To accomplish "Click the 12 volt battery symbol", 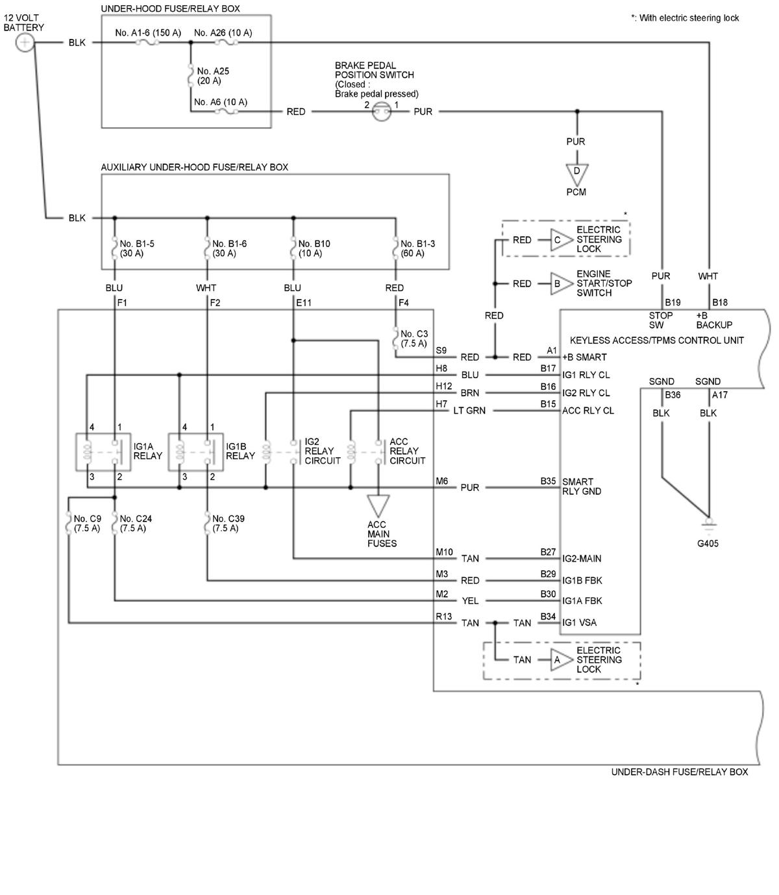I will click(24, 43).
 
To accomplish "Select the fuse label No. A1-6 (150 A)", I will click(148, 32).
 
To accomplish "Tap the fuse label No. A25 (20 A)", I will click(213, 76).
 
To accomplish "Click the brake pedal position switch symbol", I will click(382, 112).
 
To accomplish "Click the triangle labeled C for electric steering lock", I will click(558, 240).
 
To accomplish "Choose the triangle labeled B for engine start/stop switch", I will click(558, 283).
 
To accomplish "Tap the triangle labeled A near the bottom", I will click(558, 660).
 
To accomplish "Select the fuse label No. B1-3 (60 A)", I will click(417, 248).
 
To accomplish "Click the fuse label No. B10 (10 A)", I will click(314, 248).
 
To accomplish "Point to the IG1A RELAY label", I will click(147, 451).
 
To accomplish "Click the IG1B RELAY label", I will click(240, 451).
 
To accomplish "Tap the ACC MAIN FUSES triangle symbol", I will click(378, 505).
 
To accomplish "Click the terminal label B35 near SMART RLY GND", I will click(548, 481).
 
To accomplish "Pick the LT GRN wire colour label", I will click(471, 411).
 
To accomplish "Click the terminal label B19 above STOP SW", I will click(673, 302).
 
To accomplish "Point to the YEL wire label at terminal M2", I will click(470, 601).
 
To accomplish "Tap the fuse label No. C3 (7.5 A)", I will click(414, 339).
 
